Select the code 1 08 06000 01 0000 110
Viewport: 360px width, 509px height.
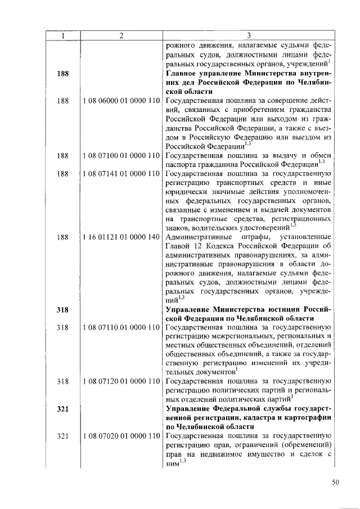tap(121, 101)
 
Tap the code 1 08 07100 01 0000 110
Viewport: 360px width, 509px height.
tap(121, 155)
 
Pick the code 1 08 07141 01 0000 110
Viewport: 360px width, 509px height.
tap(121, 174)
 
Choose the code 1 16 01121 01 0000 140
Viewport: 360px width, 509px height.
tap(121, 237)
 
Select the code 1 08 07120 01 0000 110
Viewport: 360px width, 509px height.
tap(121, 381)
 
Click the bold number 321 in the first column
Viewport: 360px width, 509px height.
tap(63, 408)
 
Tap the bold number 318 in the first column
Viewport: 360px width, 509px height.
tap(63, 309)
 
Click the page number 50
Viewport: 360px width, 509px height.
tap(335, 481)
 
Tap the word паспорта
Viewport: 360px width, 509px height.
tap(183, 164)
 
